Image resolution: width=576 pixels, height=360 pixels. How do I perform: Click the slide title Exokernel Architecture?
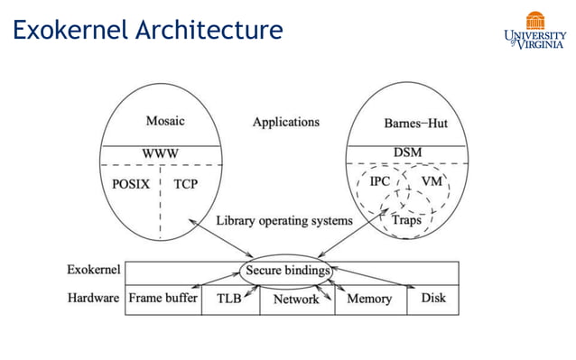(x=147, y=31)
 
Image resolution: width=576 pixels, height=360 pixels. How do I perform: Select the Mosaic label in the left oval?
(x=165, y=121)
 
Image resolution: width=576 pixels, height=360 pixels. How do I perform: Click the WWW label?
(x=160, y=153)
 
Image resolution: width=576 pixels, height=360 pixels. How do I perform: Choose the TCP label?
(x=186, y=185)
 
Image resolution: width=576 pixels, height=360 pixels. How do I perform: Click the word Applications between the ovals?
(x=285, y=122)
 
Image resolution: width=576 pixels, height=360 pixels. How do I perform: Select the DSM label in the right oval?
(x=408, y=153)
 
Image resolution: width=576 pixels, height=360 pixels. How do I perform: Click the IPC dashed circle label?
(x=380, y=182)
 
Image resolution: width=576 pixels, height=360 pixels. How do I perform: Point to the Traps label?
(x=405, y=219)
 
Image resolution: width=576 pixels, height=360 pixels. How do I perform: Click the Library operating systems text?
(x=284, y=220)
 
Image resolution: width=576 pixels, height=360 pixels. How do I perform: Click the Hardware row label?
(x=93, y=298)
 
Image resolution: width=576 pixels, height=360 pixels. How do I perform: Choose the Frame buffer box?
(x=163, y=299)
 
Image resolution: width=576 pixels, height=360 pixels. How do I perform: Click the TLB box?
(x=228, y=299)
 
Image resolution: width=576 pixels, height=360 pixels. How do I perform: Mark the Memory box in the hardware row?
(x=369, y=299)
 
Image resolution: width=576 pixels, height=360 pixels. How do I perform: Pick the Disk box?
(x=432, y=299)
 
